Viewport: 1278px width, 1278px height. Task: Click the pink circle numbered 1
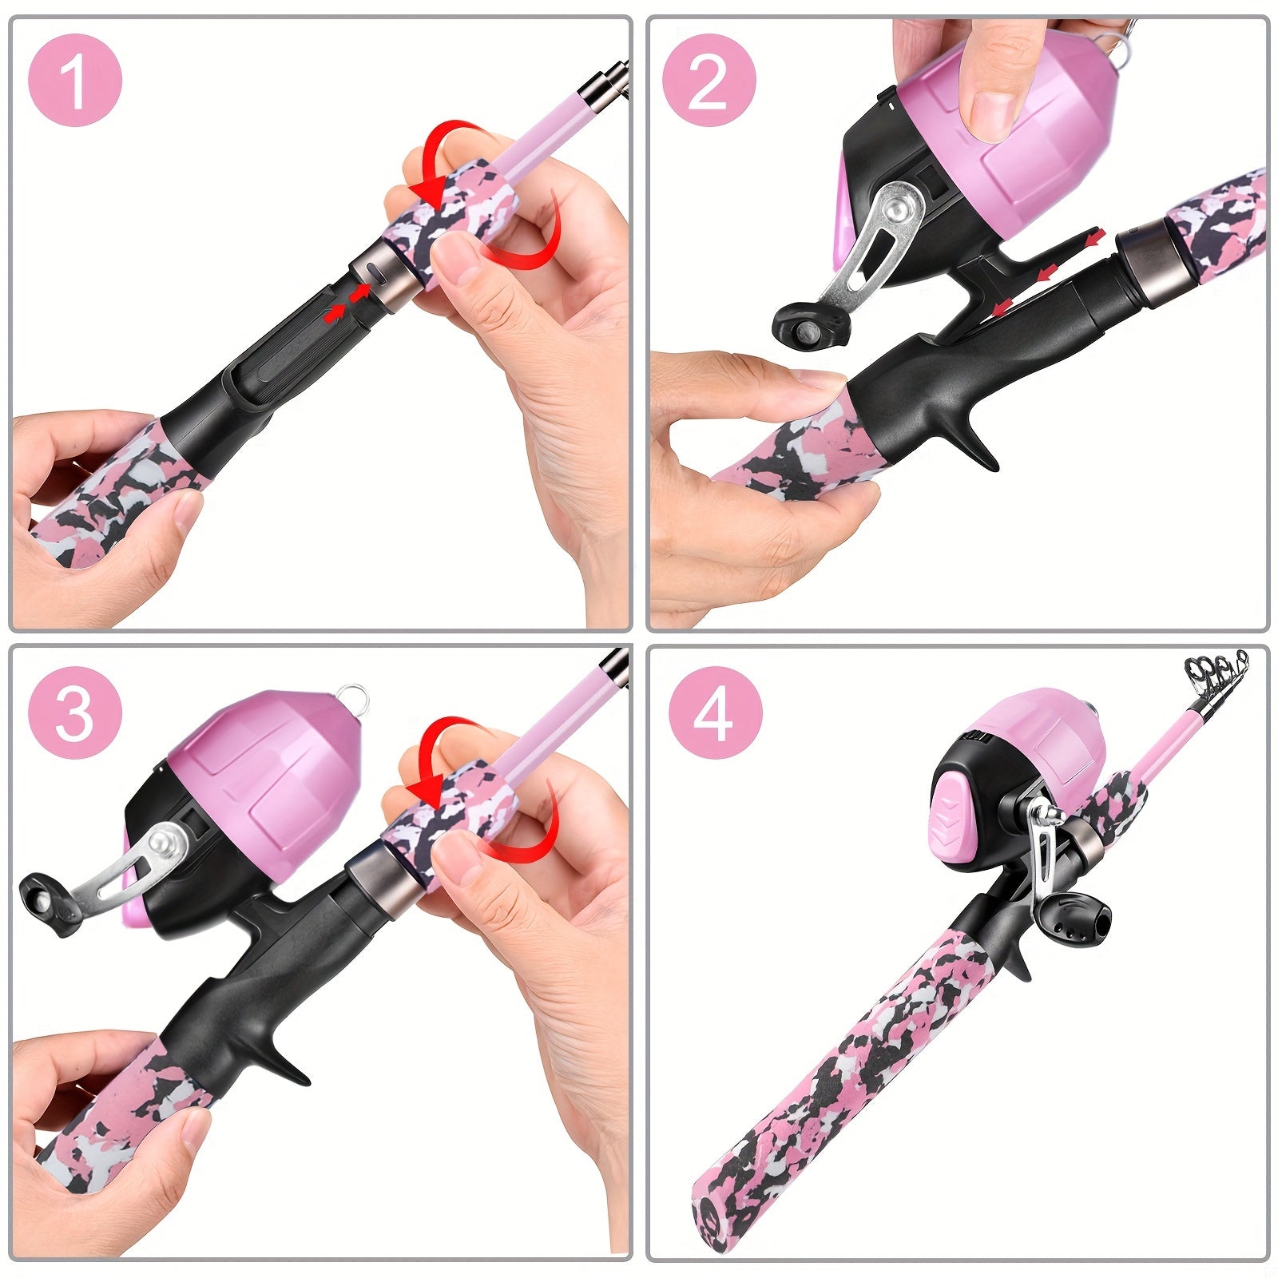click(x=75, y=79)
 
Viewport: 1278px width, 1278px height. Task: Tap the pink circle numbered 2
click(x=708, y=79)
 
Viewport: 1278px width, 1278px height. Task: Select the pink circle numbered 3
click(x=75, y=713)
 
